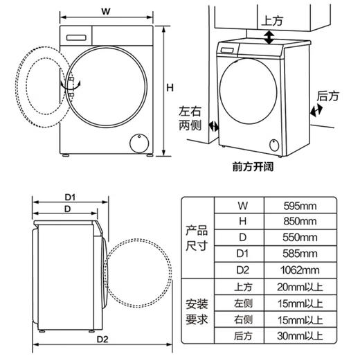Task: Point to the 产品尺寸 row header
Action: click(197, 238)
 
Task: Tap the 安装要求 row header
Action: click(197, 312)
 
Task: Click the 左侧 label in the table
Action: click(241, 303)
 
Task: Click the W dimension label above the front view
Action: click(105, 10)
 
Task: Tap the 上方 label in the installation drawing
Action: click(273, 21)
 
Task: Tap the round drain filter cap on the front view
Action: click(139, 141)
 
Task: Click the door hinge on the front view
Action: click(69, 84)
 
